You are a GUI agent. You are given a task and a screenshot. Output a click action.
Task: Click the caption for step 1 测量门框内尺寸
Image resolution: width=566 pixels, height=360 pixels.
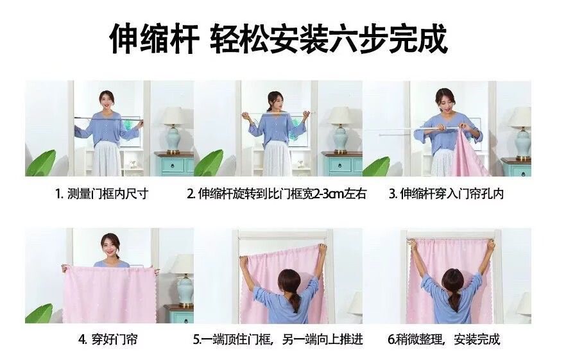pos(102,194)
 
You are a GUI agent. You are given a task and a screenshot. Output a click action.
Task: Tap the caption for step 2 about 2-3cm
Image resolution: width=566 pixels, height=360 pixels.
pos(277,194)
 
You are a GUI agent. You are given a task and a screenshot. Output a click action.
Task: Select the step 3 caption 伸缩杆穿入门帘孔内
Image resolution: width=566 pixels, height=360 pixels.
pos(446,194)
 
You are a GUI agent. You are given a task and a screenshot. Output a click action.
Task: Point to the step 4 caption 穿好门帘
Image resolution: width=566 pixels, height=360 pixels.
pos(108,339)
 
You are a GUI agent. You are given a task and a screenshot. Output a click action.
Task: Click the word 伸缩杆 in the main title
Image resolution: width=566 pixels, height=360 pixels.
pos(155,39)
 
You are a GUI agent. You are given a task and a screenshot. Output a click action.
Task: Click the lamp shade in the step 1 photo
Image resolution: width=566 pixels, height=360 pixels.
pos(173,116)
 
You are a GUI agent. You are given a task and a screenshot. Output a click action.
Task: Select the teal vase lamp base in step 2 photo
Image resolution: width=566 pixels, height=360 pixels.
pos(340,139)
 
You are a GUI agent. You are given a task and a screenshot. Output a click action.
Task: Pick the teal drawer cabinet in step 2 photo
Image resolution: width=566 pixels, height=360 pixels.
pos(342,164)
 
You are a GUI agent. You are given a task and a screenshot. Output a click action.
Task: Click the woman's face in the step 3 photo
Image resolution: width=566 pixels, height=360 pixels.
pos(445,103)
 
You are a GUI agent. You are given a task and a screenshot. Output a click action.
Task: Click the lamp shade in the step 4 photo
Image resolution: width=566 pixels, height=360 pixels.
pos(183,264)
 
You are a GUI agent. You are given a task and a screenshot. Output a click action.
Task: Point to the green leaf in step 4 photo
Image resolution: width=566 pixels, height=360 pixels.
pos(40,313)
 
